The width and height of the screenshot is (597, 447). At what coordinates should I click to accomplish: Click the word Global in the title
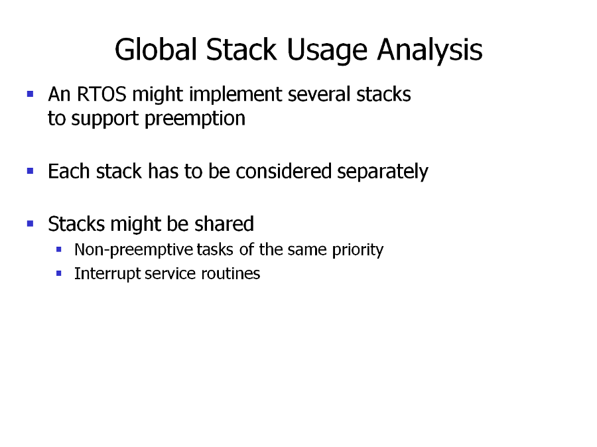pyautogui.click(x=156, y=50)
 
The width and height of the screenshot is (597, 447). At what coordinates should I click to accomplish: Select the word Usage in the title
pyautogui.click(x=327, y=51)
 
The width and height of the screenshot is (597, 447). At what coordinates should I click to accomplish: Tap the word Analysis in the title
pyautogui.click(x=430, y=51)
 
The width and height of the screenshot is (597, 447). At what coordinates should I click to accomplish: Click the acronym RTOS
pyautogui.click(x=101, y=94)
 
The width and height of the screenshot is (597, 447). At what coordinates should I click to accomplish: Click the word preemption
pyautogui.click(x=195, y=119)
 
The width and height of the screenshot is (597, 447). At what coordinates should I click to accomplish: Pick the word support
pyautogui.click(x=105, y=119)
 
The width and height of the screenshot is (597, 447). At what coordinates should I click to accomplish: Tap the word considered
pyautogui.click(x=283, y=171)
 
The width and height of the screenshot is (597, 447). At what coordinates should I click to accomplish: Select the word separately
pyautogui.click(x=383, y=172)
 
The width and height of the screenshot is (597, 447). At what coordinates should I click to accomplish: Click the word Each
pyautogui.click(x=69, y=171)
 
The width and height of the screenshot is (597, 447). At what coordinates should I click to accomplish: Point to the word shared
pyautogui.click(x=224, y=223)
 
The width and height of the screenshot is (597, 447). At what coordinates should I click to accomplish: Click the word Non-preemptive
pyautogui.click(x=133, y=250)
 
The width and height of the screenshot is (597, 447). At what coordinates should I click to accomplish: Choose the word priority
pyautogui.click(x=358, y=250)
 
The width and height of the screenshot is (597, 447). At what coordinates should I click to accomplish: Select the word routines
pyautogui.click(x=230, y=273)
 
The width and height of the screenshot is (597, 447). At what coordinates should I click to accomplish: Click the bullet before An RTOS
pyautogui.click(x=31, y=94)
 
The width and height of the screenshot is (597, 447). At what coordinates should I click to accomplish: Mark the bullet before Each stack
pyautogui.click(x=31, y=171)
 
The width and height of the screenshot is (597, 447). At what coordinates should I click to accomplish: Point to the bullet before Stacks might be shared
pyautogui.click(x=31, y=223)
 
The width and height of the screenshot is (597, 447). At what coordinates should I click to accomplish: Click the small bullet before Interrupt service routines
pyautogui.click(x=58, y=273)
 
